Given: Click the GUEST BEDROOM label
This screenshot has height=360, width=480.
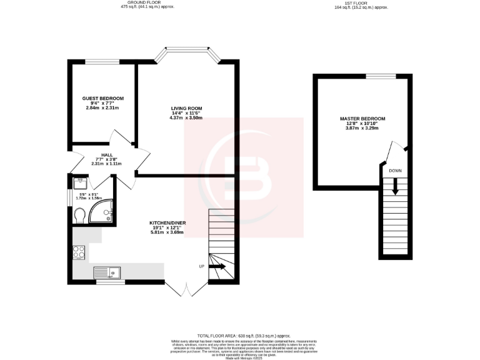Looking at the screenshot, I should pos(103,98).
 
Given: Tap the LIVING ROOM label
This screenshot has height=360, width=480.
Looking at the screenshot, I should pos(186,108).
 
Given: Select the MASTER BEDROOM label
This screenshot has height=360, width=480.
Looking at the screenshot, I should pos(362,118).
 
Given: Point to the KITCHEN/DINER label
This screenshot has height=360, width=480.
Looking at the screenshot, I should pos(166,223).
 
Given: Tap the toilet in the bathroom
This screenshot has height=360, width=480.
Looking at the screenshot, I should pos(79,215).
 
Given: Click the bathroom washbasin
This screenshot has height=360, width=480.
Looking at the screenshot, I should pos(79,183).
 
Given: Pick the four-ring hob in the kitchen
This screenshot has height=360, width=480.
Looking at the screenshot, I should pos(80,252).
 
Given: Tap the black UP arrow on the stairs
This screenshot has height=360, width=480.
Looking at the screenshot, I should pos(218,266).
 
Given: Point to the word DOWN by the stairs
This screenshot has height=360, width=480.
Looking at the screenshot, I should pos(395,171).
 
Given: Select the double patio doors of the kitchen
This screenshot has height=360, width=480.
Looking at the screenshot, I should pos(186,288).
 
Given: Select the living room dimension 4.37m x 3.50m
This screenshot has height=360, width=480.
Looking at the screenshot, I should pos(186,117).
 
